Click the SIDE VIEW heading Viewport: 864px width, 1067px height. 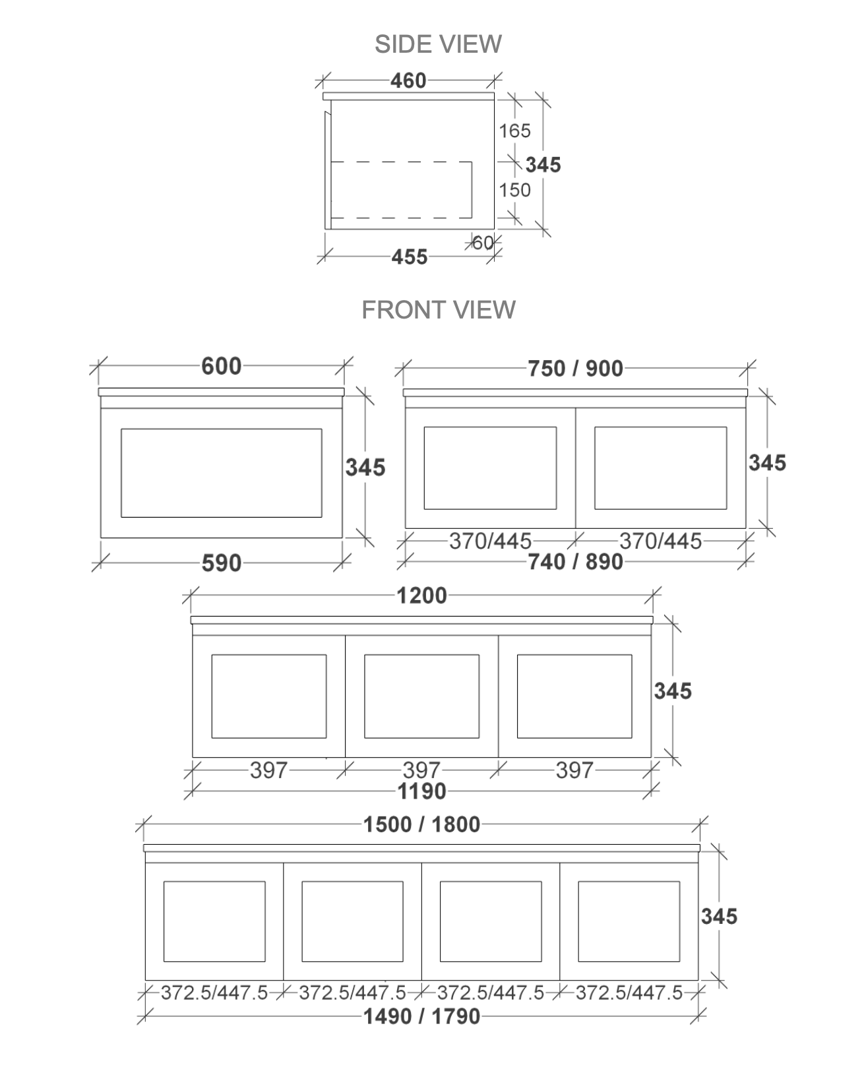pos(438,44)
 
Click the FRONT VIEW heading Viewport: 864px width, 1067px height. pos(438,310)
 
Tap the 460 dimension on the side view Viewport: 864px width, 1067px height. pos(408,80)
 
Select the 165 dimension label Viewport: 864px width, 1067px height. pos(514,131)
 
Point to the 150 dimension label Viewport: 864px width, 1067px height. pos(514,190)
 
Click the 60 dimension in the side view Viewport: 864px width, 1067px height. pos(483,243)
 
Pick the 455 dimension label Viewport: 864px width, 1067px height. pos(409,257)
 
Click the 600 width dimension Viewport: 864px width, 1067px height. pos(222,366)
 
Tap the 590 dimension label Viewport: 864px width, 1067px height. pos(222,563)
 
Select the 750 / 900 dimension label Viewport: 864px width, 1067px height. pos(575,369)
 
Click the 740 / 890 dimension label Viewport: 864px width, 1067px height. pos(575,562)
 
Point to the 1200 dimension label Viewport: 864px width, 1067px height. pos(421,595)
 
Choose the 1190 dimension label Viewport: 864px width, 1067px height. pos(421,791)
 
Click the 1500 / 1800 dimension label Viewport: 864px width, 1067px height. pos(421,824)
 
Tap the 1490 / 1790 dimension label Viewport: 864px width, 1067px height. pos(421,1016)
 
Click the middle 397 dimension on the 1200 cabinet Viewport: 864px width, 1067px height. pos(421,770)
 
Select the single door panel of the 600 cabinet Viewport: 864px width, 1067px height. pos(222,473)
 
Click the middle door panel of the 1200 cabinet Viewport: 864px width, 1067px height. pos(421,696)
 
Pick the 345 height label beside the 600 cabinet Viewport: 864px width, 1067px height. pos(365,468)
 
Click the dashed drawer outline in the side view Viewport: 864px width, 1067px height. pos(401,190)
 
